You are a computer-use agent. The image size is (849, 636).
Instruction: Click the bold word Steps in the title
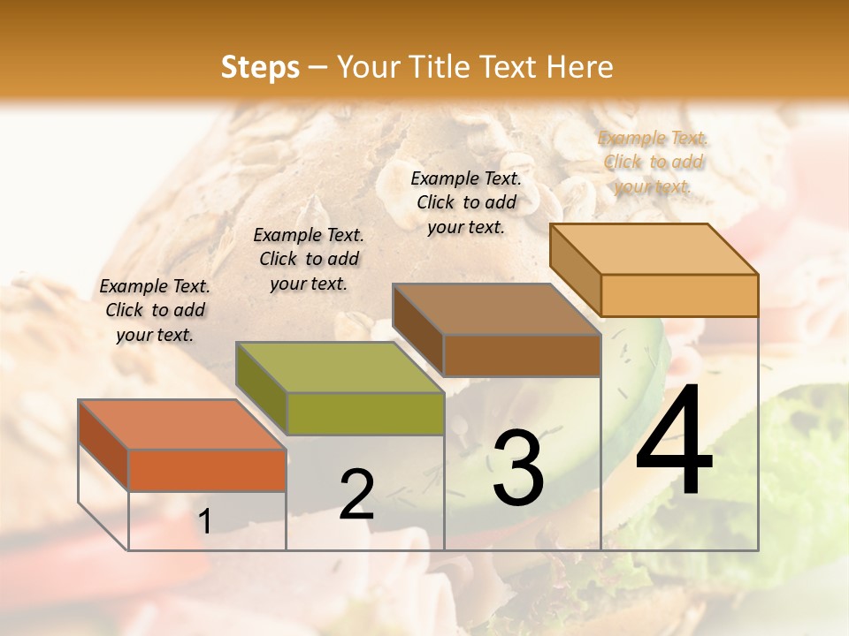pos(260,67)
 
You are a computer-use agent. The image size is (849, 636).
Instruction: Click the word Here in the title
pos(579,67)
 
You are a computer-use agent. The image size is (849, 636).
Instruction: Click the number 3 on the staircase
pos(517,468)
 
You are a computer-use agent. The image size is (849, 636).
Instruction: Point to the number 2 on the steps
pos(356,495)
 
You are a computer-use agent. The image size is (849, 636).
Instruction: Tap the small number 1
pos(205,522)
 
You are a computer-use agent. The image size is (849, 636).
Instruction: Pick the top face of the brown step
pos(496,310)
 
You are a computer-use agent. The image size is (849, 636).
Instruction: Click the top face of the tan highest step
pos(654,249)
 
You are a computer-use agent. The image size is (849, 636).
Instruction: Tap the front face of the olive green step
pos(365,413)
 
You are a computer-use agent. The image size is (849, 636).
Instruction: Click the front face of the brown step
pos(522,355)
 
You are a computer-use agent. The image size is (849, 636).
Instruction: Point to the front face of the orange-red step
pos(207,470)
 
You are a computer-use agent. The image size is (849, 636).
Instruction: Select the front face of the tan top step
pos(679,295)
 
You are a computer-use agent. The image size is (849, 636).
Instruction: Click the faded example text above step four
pos(653,162)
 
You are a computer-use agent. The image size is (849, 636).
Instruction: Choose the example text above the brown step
pos(466,202)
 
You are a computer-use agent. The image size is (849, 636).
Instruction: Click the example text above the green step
pos(309,259)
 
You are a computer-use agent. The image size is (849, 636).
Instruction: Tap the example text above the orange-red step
pos(155,310)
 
